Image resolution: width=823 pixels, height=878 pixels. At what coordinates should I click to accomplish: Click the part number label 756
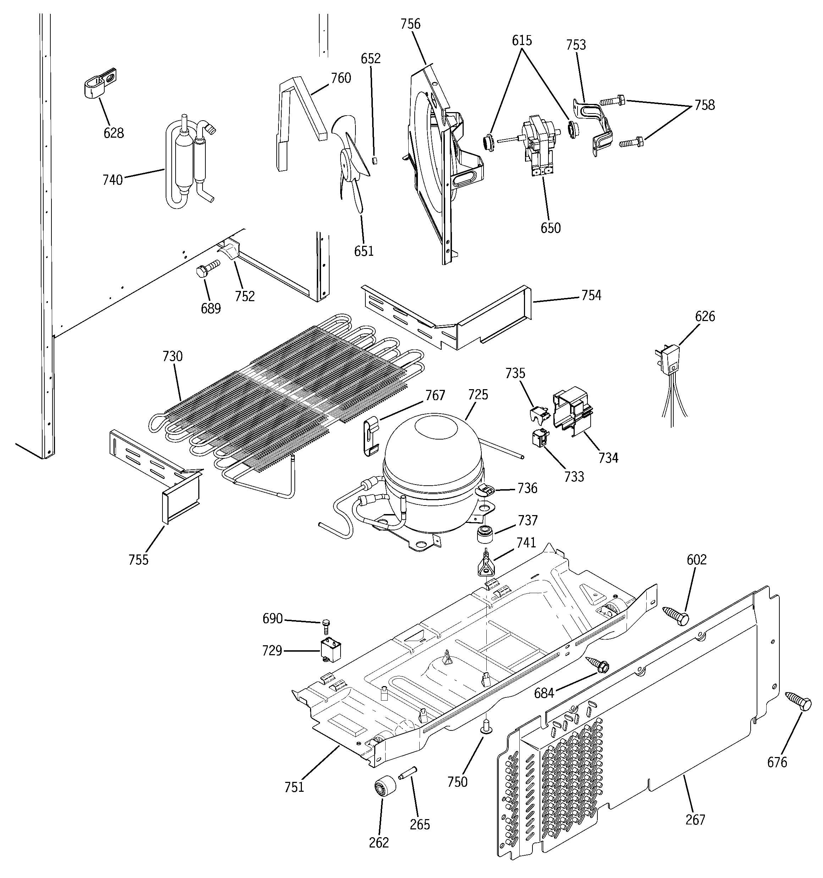tap(410, 24)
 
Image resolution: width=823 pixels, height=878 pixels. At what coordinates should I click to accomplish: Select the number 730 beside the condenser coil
tap(172, 356)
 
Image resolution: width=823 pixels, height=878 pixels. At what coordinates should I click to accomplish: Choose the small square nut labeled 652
tap(374, 160)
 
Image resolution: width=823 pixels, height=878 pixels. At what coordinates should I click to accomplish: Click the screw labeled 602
tap(676, 615)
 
